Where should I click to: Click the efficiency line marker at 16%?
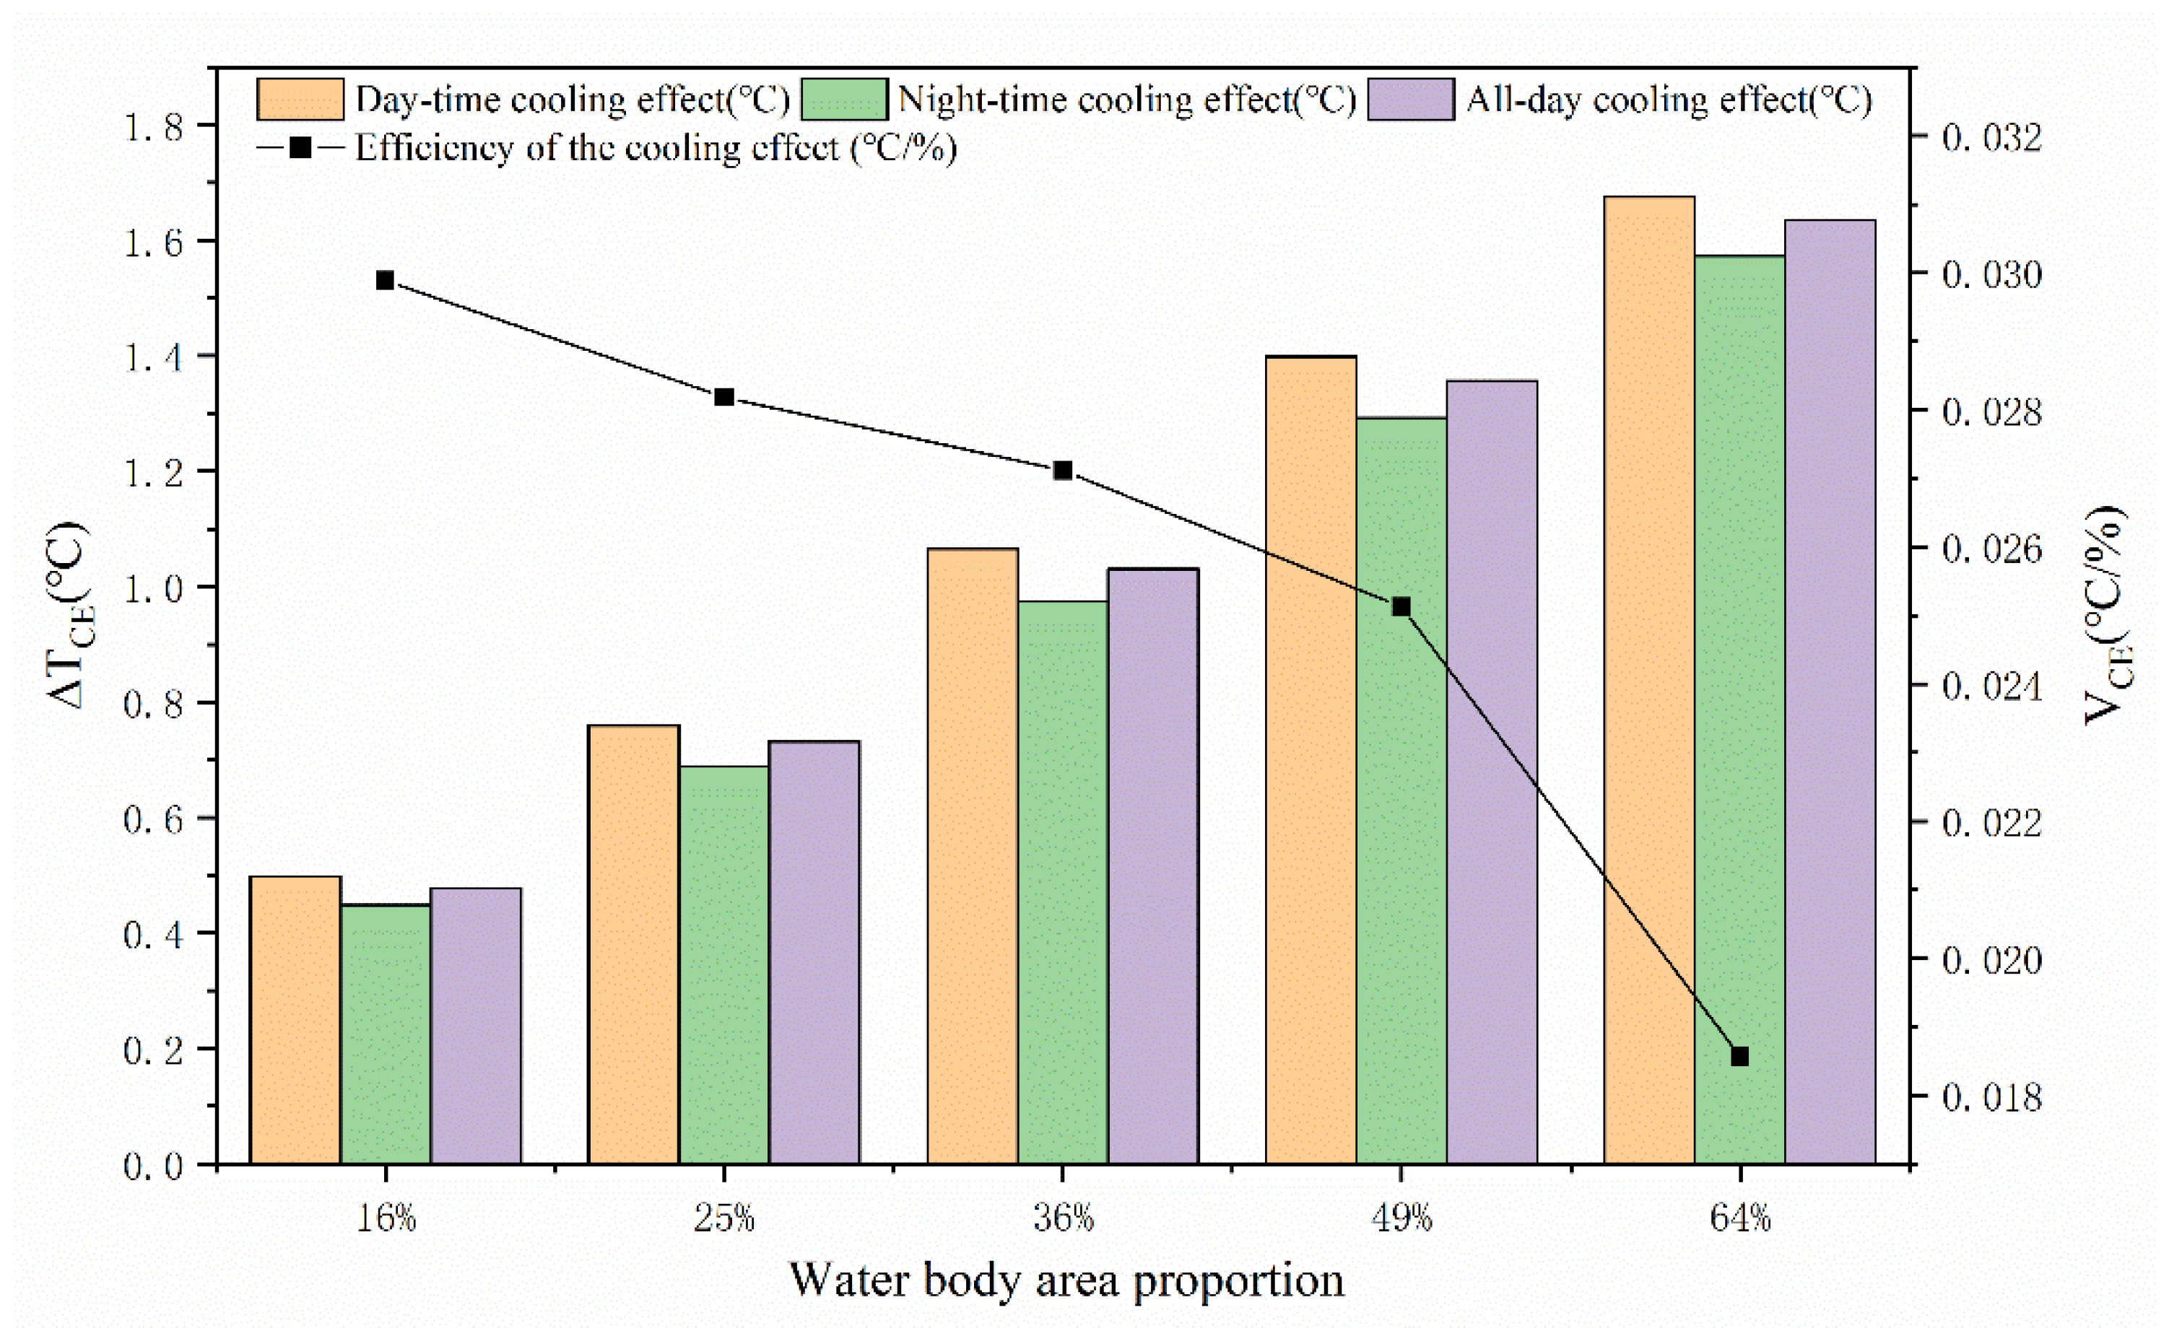[385, 281]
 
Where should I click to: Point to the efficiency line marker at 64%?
[1740, 1056]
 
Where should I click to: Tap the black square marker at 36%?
[1063, 470]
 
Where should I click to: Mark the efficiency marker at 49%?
[1401, 607]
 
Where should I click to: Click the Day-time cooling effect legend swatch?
[300, 99]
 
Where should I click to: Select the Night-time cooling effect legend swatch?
[844, 99]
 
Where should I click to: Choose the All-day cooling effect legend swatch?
[1411, 99]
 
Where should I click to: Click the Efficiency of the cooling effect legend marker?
[300, 147]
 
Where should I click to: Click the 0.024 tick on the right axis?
[1991, 686]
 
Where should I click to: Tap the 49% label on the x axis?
[1401, 1218]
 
